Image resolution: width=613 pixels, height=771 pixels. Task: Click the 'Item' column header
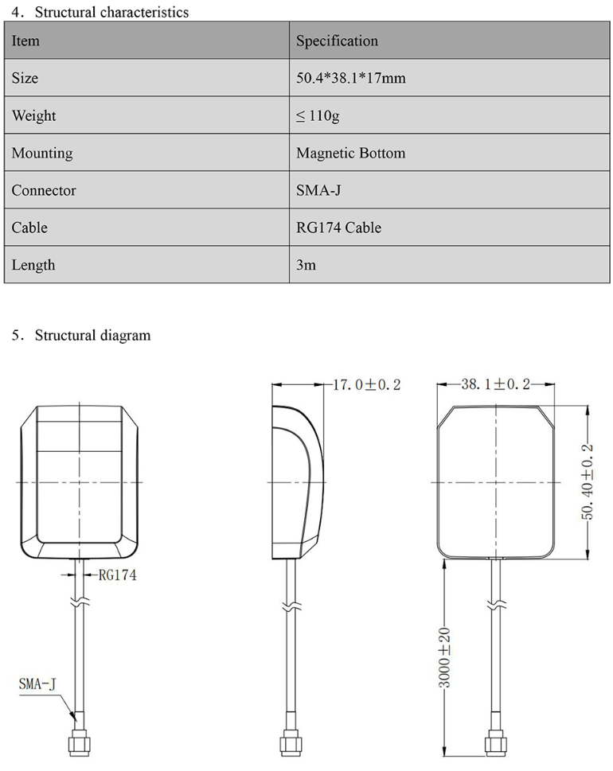[25, 41]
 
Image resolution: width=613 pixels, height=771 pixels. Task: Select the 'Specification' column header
[337, 41]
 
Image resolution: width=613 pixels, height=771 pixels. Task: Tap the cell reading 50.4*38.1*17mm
[350, 79]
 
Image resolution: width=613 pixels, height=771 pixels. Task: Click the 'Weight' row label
[33, 116]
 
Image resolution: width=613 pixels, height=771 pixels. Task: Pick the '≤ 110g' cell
[318, 116]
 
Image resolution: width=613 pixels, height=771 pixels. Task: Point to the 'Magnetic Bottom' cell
[350, 153]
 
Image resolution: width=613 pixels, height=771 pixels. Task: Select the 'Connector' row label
[44, 190]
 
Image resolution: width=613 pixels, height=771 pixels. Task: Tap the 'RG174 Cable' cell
[338, 228]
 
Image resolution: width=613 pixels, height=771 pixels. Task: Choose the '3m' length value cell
[306, 265]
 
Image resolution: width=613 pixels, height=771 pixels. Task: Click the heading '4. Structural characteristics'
[100, 12]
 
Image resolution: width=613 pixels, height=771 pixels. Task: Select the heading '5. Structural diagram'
[81, 335]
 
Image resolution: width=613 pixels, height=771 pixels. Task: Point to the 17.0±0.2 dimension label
[366, 385]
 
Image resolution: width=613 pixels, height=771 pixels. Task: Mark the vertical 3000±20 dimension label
[445, 657]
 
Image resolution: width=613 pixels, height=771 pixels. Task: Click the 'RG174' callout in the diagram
[117, 575]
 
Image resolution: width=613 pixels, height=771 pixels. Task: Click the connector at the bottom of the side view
[287, 743]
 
